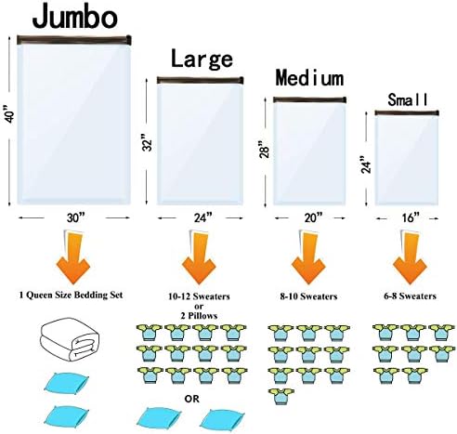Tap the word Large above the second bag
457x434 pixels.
(x=202, y=59)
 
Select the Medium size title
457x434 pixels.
(x=309, y=77)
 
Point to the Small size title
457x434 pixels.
(x=408, y=99)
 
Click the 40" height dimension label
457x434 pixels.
(x=10, y=115)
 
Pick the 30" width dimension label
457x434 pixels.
(x=75, y=217)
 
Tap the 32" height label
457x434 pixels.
(x=148, y=142)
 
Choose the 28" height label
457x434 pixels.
(x=265, y=150)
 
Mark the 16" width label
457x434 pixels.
(x=411, y=217)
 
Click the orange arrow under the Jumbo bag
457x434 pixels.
(x=72, y=257)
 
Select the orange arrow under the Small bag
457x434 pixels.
(x=410, y=257)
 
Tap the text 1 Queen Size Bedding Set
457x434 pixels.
(x=71, y=295)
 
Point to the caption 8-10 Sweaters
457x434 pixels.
(x=308, y=296)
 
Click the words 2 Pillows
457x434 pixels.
(x=199, y=316)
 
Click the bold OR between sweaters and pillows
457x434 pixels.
(x=192, y=399)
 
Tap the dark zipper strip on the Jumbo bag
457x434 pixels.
(x=74, y=40)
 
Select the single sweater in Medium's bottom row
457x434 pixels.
(x=281, y=396)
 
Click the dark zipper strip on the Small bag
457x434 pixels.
(x=407, y=112)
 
